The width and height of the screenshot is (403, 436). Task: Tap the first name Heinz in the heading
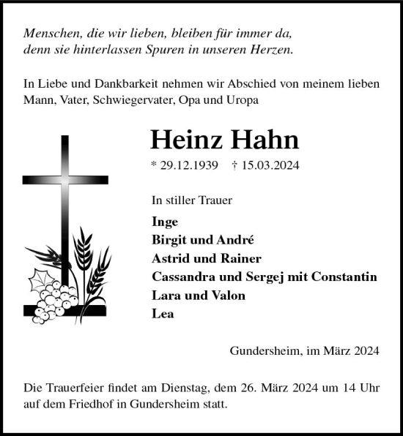[x=186, y=140]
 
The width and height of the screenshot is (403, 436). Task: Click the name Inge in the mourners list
[x=165, y=221]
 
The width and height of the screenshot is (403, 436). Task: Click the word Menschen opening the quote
[x=51, y=34]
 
